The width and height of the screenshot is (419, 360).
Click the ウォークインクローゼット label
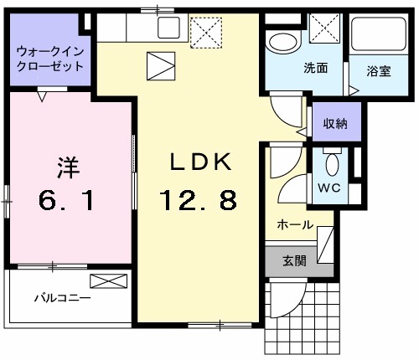tap(49, 58)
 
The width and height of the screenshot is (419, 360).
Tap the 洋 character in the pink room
tap(68, 167)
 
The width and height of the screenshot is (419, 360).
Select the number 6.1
tap(68, 202)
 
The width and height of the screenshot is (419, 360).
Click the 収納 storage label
tap(335, 125)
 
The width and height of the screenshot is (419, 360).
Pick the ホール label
tap(295, 225)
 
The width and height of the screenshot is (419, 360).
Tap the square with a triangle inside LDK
tap(159, 64)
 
